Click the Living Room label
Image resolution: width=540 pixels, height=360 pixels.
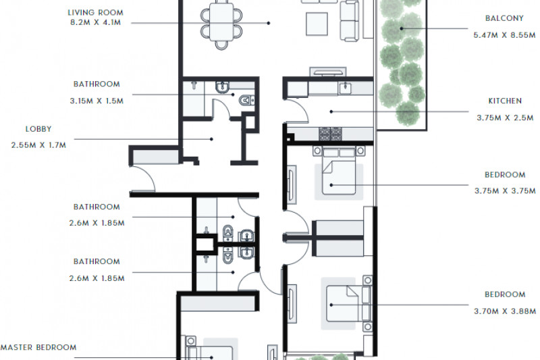click(x=95, y=13)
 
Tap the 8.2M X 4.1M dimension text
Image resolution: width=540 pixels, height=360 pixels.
click(x=95, y=23)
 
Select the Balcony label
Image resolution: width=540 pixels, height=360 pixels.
click(x=504, y=18)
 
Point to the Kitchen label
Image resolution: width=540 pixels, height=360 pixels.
click(x=505, y=101)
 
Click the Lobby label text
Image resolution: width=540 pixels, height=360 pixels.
click(x=38, y=129)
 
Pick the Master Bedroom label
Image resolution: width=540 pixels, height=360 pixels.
click(x=38, y=347)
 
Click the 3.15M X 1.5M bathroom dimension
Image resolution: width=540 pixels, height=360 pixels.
click(x=97, y=101)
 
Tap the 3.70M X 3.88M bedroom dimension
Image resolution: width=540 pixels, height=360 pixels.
click(x=505, y=311)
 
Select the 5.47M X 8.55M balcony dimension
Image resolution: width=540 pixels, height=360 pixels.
click(x=504, y=35)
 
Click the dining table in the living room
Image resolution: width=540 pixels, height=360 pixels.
click(x=221, y=22)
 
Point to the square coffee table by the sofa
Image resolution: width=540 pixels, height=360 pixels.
click(x=317, y=24)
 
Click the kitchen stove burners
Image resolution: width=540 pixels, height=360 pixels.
click(x=330, y=134)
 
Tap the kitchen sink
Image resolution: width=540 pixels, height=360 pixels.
click(x=345, y=88)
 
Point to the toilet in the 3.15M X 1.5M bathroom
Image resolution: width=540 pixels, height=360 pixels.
click(x=247, y=100)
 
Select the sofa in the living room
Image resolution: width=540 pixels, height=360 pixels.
click(x=350, y=21)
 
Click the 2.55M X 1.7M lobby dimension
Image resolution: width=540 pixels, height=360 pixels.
click(x=38, y=145)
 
